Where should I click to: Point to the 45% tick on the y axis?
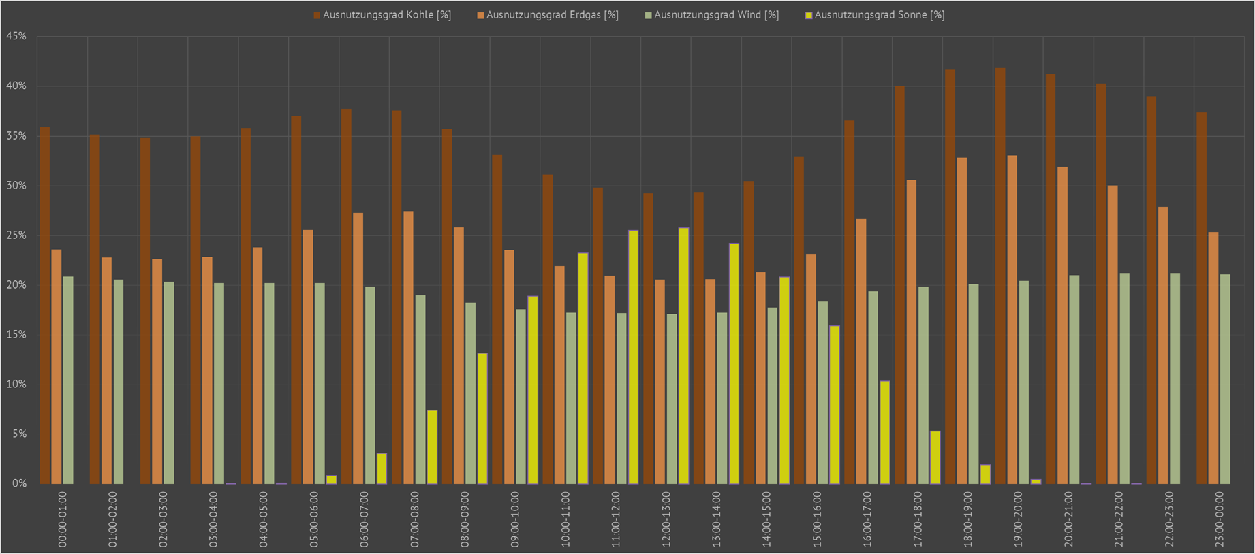16,37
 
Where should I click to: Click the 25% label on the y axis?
16,235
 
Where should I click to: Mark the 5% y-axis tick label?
18,434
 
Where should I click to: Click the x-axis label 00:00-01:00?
63,519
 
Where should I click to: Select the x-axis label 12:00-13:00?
666,519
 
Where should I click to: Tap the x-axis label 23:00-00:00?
1220,519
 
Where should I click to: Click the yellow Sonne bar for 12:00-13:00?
683,356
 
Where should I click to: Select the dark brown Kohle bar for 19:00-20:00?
1000,276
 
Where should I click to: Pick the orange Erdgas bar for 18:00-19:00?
961,321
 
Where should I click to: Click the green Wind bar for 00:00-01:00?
68,380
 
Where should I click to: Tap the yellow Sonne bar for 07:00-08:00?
432,446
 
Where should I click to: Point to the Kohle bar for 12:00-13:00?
648,338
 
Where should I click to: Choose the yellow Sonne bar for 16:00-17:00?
884,432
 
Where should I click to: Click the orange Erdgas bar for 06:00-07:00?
358,348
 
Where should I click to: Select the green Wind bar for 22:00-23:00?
1175,378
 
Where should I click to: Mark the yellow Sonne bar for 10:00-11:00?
583,368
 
